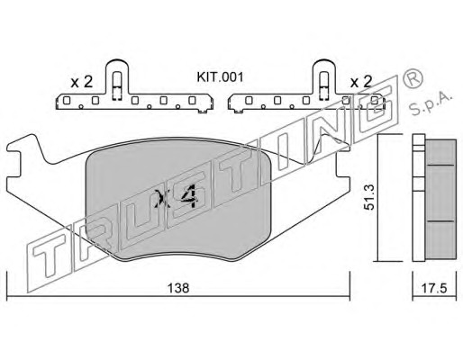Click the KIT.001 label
220,77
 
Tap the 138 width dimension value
178,288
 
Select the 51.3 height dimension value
368,197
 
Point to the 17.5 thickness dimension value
434,288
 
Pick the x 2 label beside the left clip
81,82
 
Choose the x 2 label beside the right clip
361,81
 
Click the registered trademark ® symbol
413,78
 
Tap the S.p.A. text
431,104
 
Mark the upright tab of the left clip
117,78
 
